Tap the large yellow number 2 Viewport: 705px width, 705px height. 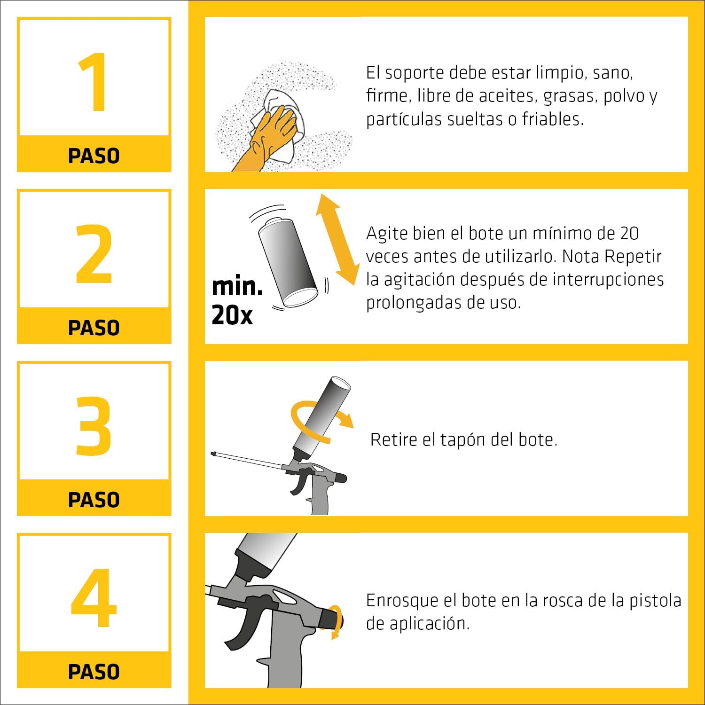coord(94,254)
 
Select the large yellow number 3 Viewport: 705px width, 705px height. coord(94,426)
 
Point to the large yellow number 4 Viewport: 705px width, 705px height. coord(94,598)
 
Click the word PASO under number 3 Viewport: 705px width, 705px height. coord(94,500)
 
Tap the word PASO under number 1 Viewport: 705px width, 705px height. coord(94,156)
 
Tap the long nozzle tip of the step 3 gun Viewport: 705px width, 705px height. coord(213,454)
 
